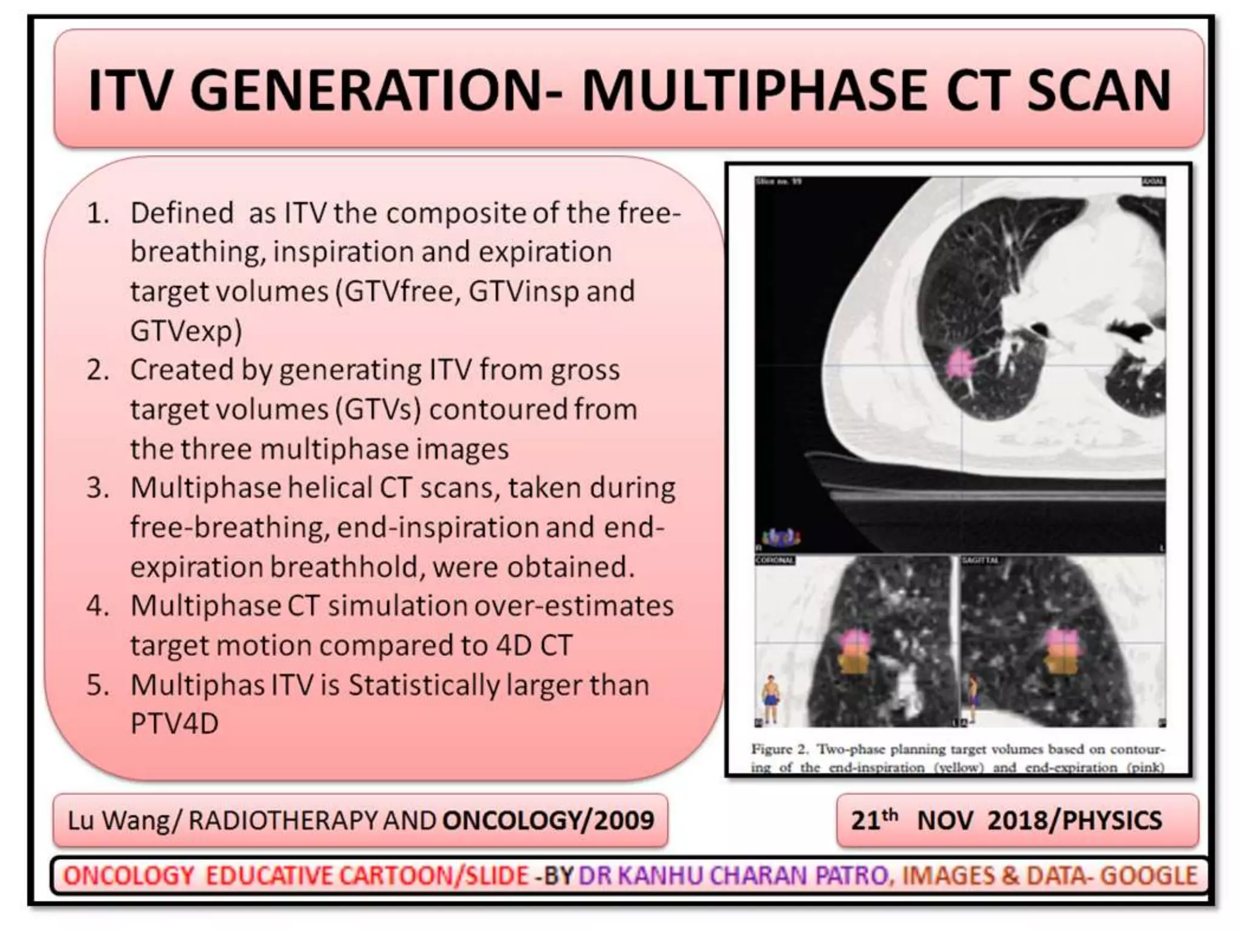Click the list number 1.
pos(98,213)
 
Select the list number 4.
pos(98,605)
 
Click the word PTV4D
pos(175,723)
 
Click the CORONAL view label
pos(774,560)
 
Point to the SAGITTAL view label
pos(980,560)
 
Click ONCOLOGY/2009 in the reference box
pos(548,821)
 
